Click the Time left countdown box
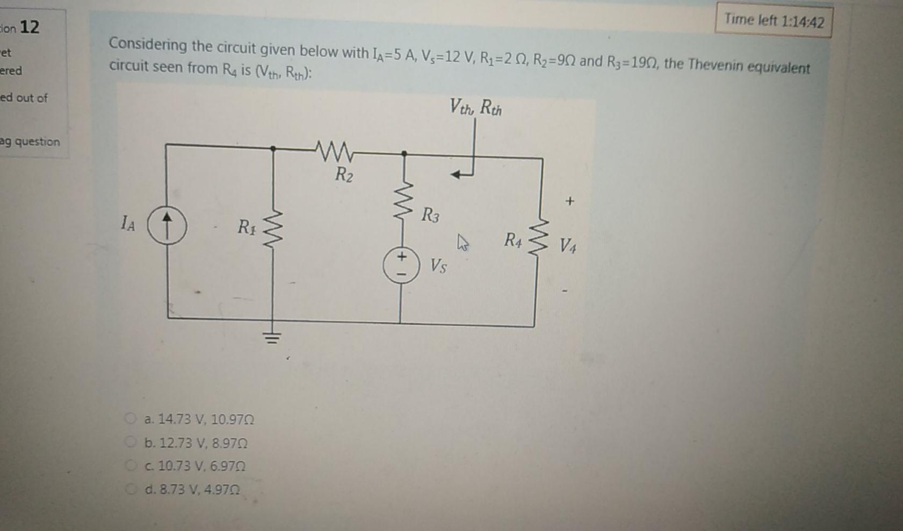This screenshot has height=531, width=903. click(x=773, y=21)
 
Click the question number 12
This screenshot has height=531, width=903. click(x=29, y=26)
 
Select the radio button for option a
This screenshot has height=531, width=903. click(x=130, y=418)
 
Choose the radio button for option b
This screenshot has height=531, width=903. click(x=130, y=442)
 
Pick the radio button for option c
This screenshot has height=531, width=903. click(x=130, y=465)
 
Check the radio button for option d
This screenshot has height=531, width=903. click(x=130, y=489)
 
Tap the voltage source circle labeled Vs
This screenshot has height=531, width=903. click(x=401, y=265)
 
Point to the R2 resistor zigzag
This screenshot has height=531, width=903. click(x=335, y=151)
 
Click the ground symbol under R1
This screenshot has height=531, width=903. click(x=272, y=338)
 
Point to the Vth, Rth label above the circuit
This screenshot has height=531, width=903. click(x=475, y=107)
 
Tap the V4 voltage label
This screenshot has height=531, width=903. click(x=567, y=246)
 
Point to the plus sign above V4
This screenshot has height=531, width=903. click(x=569, y=201)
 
